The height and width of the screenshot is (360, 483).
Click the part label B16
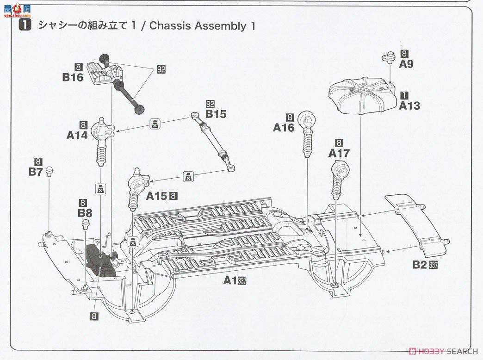click(x=73, y=77)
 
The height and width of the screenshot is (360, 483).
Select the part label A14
click(x=77, y=135)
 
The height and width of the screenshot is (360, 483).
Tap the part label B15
click(x=216, y=114)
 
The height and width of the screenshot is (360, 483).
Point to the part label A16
click(x=284, y=128)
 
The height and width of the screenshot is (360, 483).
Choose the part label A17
click(x=339, y=153)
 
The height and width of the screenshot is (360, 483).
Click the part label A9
click(x=406, y=64)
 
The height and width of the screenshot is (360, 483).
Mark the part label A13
click(x=409, y=106)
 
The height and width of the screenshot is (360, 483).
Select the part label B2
click(x=420, y=265)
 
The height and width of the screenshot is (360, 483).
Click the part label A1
click(x=230, y=280)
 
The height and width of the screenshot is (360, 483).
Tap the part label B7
click(x=36, y=172)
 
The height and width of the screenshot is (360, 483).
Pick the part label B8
click(x=85, y=213)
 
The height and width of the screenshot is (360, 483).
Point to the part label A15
click(x=157, y=196)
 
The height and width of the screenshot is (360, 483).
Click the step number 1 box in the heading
click(x=25, y=25)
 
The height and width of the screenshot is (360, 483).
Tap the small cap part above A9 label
click(x=388, y=57)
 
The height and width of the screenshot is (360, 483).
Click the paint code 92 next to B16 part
click(x=161, y=69)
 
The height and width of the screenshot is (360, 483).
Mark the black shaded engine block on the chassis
click(x=101, y=260)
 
